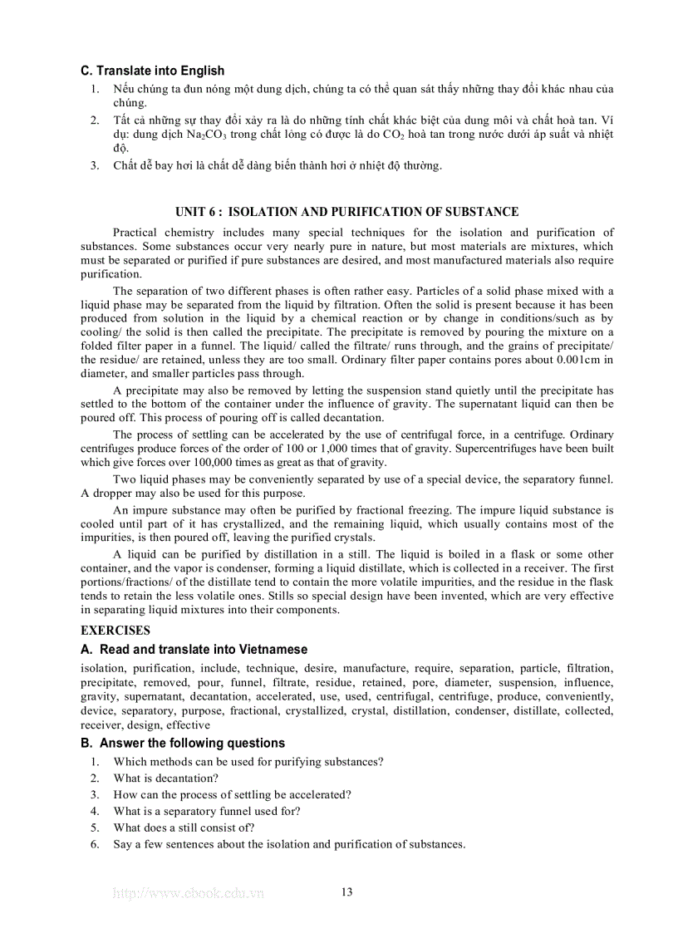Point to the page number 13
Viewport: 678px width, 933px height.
click(x=346, y=892)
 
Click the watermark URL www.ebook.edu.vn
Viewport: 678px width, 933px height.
click(x=189, y=893)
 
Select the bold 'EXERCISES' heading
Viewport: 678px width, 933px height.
click(x=115, y=631)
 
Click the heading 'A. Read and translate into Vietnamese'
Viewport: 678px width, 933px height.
click(x=194, y=650)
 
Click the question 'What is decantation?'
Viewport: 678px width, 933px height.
click(x=166, y=778)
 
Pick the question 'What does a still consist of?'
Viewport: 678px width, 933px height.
click(x=184, y=827)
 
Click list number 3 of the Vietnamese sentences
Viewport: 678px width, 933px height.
click(x=95, y=165)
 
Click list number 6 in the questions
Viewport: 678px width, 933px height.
click(x=95, y=844)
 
